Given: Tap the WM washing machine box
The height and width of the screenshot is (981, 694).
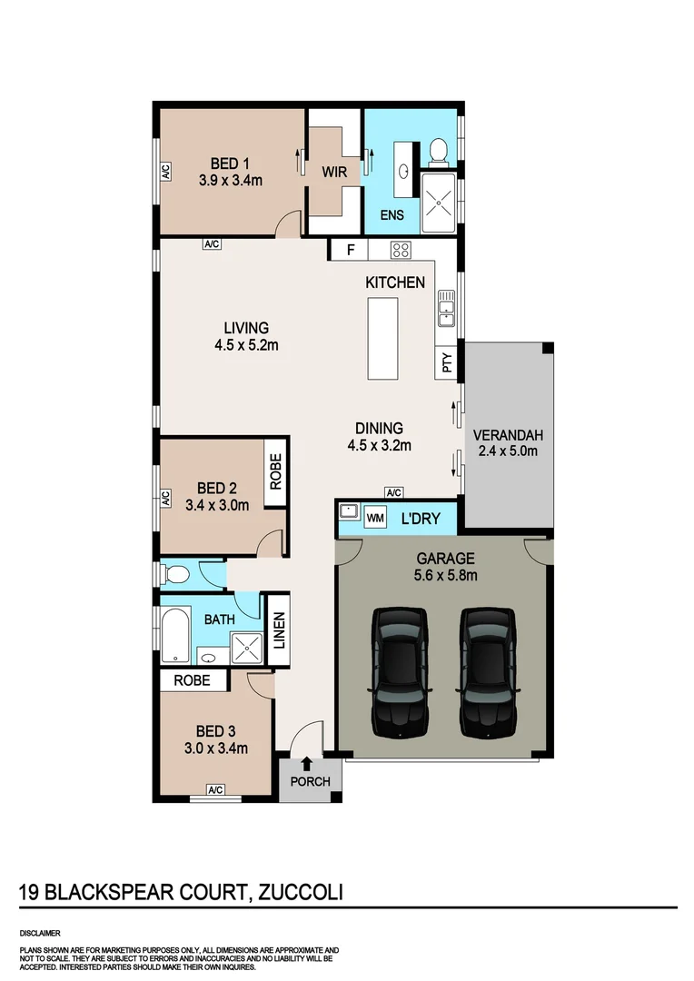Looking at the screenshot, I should pos(375,520).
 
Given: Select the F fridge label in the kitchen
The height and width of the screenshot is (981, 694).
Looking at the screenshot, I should pos(350,249).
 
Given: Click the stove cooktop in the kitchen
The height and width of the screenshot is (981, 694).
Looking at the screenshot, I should pos(401,250).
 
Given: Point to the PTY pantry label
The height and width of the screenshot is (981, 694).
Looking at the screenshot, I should pos(446,364).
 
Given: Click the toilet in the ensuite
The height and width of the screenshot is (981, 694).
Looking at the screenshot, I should pos(438,151).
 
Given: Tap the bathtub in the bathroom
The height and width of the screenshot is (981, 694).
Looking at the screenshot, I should pos(175,635).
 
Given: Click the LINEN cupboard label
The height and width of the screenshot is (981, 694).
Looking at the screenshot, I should pos(280,629).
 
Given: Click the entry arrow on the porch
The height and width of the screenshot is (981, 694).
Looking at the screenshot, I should pos(307,765).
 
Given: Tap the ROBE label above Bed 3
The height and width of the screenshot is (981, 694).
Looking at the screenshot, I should pos(192,680).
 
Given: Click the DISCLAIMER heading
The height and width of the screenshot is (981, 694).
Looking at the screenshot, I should pos(39,933).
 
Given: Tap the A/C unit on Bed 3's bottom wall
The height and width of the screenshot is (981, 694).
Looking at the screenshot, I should pos(215,790).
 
